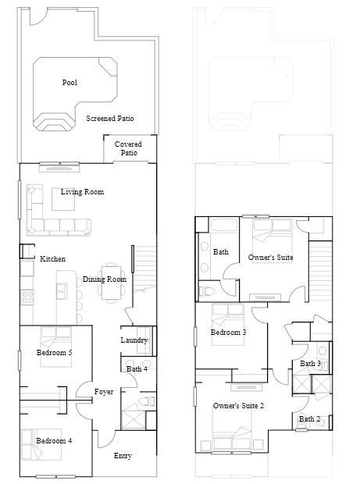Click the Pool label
coord(70,83)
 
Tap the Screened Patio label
coord(110,118)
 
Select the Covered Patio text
coord(128,148)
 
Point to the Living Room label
coord(82,192)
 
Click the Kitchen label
coord(52,258)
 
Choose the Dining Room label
coord(105,279)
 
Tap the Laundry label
coord(134,340)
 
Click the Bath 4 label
coord(137,369)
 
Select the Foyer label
coord(104,392)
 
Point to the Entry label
coord(123,456)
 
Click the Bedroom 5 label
coord(54,353)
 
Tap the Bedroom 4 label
coord(54,441)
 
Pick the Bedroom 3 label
coord(228,333)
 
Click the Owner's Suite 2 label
coord(238,406)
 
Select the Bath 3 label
coord(310,364)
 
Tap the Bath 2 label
coord(309,419)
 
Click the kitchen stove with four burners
coord(27,297)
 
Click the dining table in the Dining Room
coord(112,282)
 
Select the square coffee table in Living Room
coord(63,199)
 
